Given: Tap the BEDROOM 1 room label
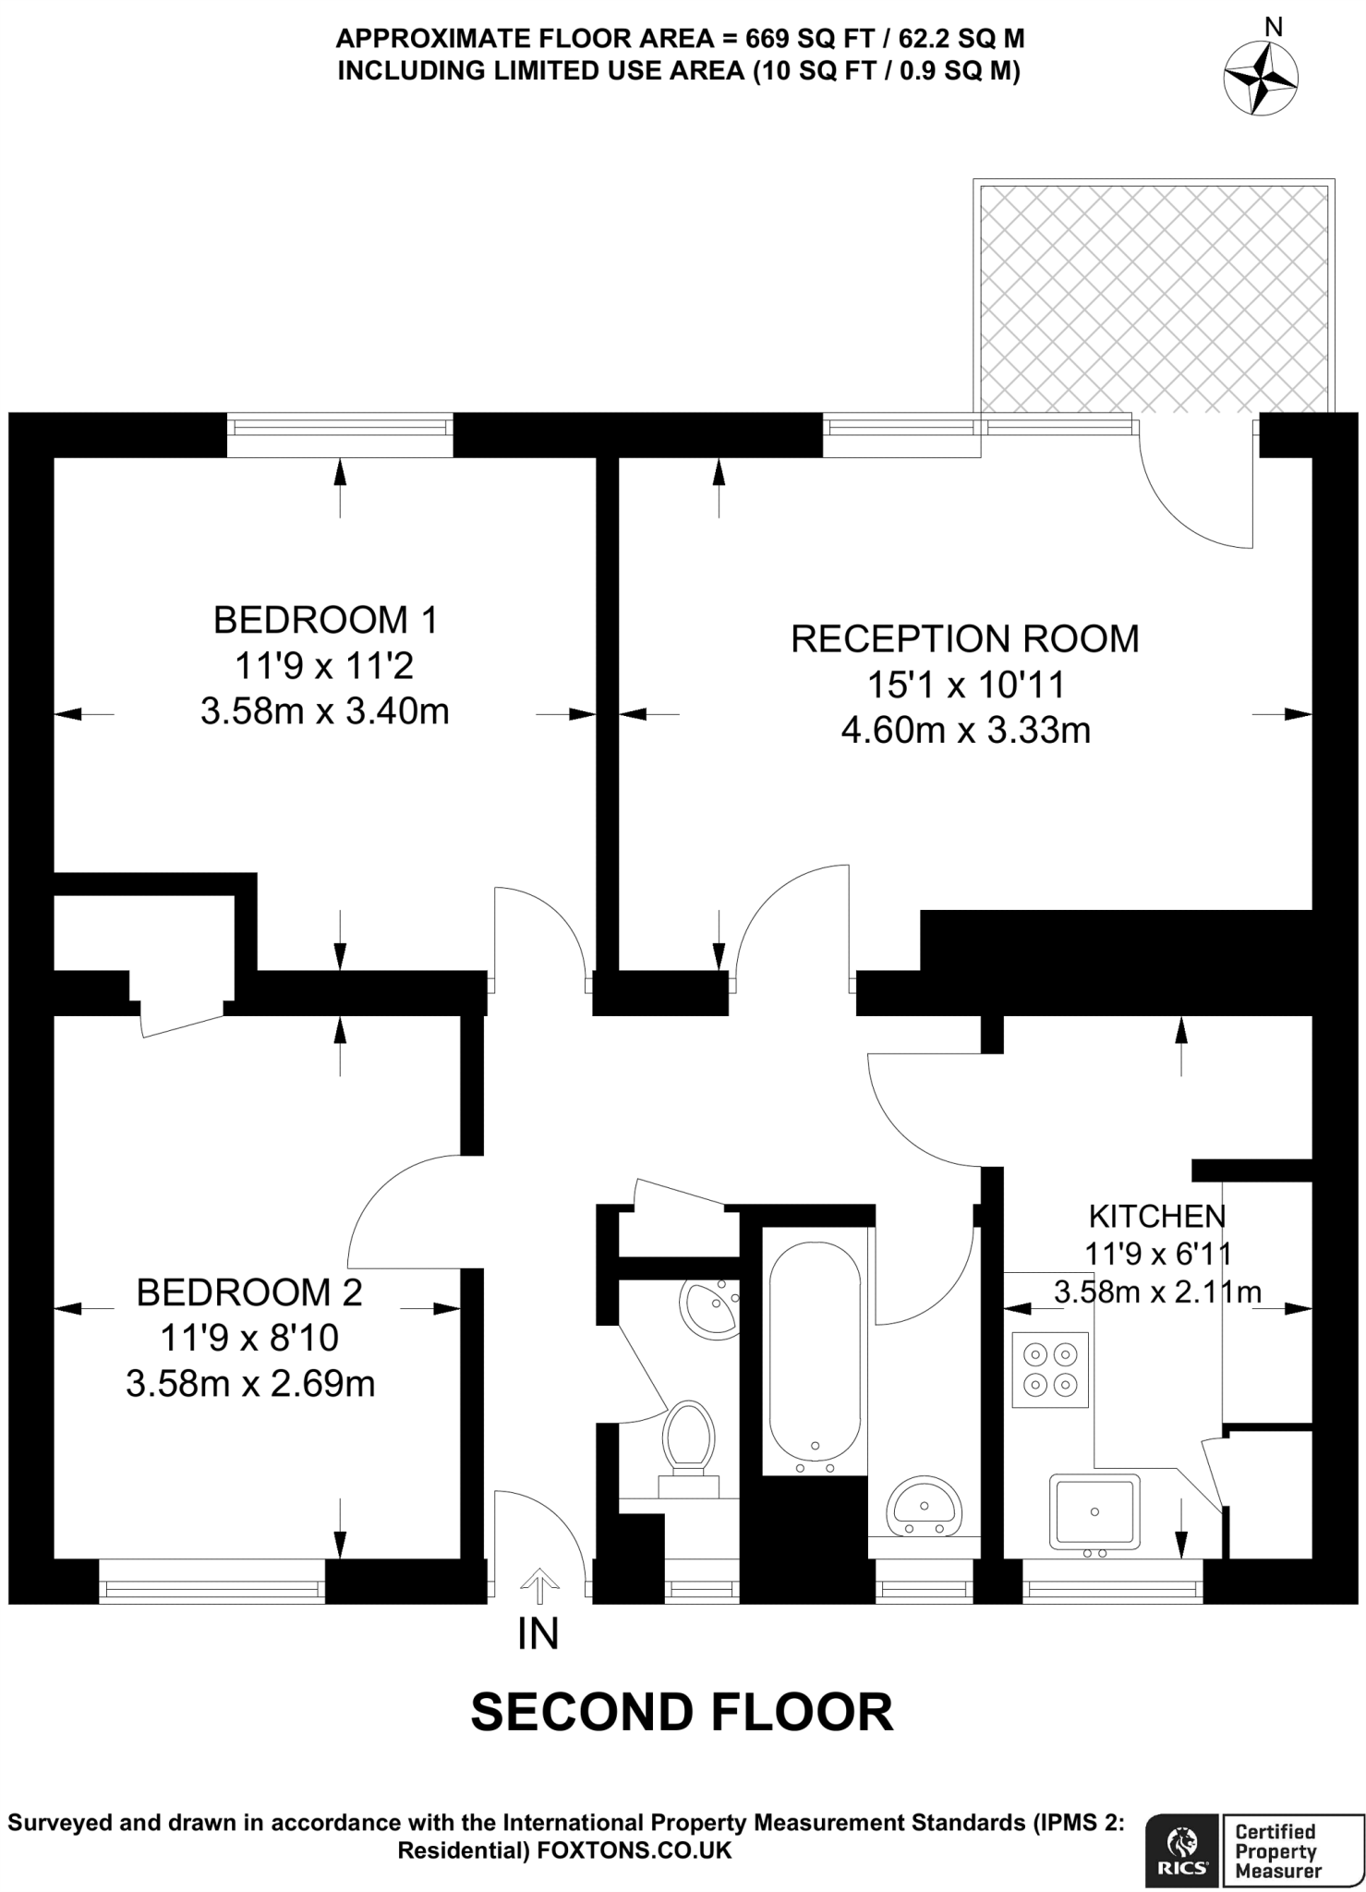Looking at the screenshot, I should (325, 619).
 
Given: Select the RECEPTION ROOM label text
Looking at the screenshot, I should (965, 639).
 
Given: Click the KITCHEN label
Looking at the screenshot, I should (1156, 1216).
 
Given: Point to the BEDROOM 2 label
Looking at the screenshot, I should (249, 1292).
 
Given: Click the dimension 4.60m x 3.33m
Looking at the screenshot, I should (965, 731).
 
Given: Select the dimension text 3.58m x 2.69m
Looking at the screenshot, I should (250, 1384).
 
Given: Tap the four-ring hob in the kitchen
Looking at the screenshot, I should (1050, 1370).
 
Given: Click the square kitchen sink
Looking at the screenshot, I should (1094, 1512).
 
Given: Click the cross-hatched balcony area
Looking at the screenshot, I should (1153, 297).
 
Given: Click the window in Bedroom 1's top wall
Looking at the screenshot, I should (340, 428).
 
